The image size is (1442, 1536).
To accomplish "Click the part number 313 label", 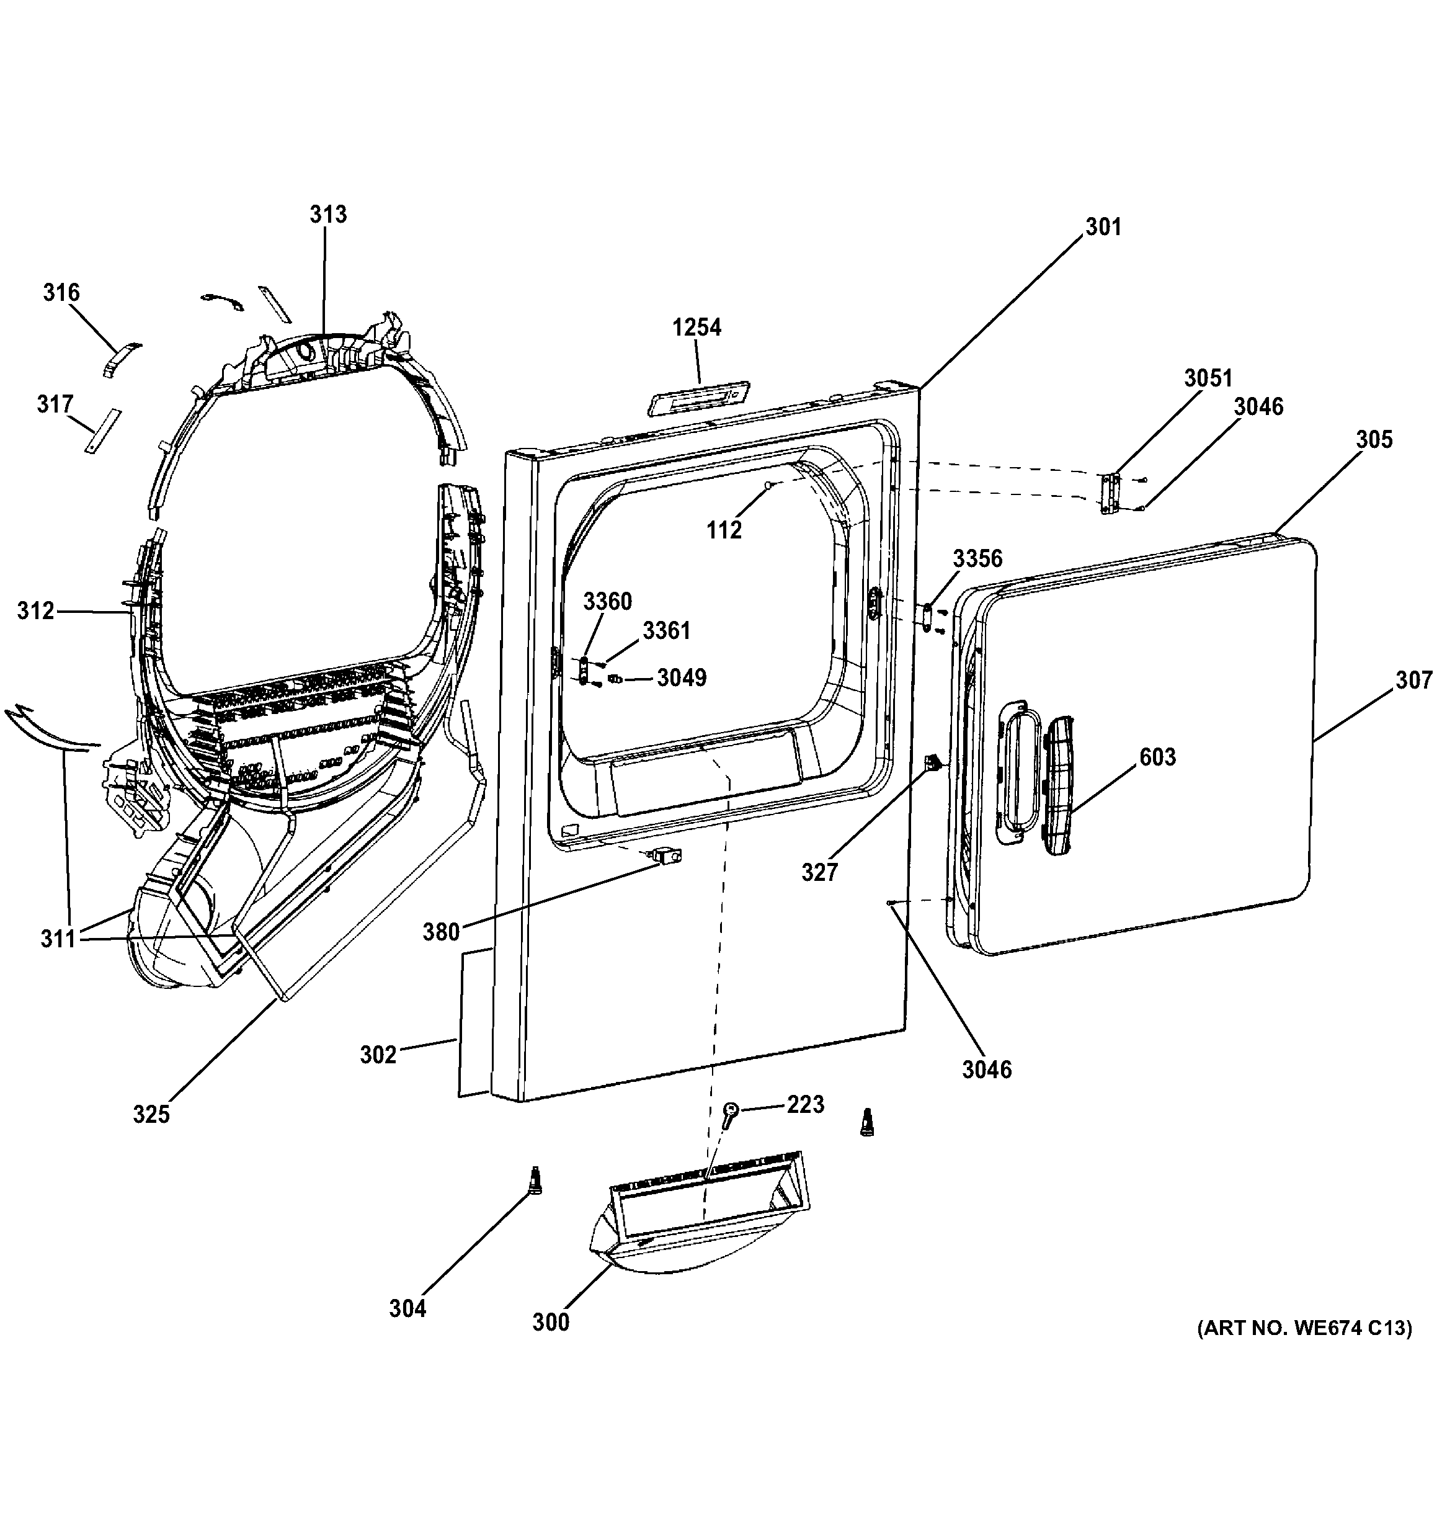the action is point(328,214).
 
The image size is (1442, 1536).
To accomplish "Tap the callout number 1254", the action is point(697,328).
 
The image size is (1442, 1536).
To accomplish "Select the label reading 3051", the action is point(1209,378).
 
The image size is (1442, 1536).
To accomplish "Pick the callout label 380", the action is point(441,932).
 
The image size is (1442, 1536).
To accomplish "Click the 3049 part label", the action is point(682,677).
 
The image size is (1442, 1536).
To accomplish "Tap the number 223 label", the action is point(806,1104).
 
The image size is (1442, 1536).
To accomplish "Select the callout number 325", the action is point(151,1114).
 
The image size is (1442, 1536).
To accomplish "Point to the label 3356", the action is point(978,558).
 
